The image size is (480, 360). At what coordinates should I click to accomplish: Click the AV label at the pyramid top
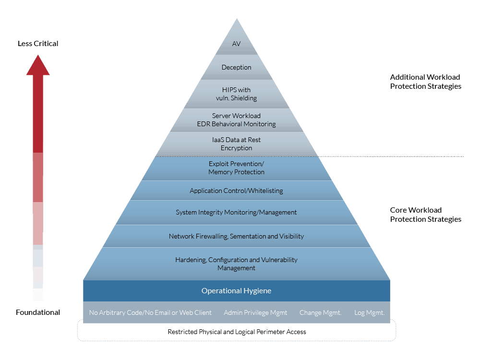[236, 44]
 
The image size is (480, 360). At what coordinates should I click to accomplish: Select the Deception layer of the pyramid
[236, 67]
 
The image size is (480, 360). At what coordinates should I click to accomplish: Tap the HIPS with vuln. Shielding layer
[236, 94]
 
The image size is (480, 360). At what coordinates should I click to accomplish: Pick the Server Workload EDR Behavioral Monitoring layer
[236, 120]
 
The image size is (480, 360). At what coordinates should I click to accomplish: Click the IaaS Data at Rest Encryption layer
[236, 144]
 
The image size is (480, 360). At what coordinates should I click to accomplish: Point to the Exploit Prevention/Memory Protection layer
[236, 168]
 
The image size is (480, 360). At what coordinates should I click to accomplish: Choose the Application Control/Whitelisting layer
[236, 191]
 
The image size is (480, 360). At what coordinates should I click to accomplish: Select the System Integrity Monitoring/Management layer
[236, 213]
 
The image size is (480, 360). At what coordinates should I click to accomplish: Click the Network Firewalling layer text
[236, 236]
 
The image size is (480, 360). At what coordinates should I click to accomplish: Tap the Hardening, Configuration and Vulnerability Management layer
[236, 264]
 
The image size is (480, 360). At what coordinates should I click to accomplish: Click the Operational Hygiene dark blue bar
[236, 291]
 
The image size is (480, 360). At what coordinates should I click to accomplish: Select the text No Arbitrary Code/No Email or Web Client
[150, 312]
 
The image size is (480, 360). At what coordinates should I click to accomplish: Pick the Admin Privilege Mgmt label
[255, 312]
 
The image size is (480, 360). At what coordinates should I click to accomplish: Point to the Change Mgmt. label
[320, 312]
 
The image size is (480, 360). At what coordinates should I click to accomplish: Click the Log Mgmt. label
[369, 312]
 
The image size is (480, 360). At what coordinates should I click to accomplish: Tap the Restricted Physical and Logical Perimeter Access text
[237, 332]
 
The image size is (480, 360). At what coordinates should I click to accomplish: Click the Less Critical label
[38, 44]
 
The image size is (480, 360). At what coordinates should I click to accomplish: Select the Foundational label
[38, 312]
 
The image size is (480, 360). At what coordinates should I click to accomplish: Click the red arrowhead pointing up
[38, 65]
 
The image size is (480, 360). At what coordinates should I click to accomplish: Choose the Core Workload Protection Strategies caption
[425, 215]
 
